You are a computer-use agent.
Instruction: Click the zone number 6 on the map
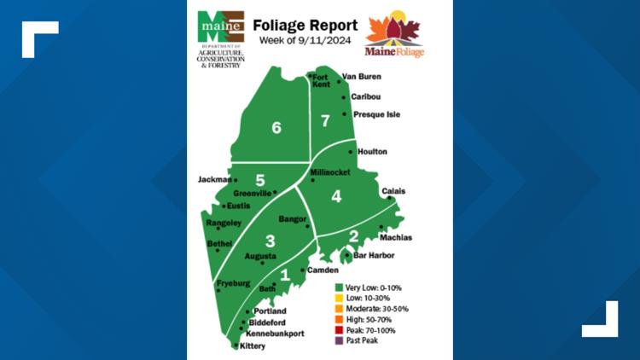pyautogui.click(x=276, y=129)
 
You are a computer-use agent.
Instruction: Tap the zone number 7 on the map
pyautogui.click(x=324, y=120)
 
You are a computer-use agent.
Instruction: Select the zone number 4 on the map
pyautogui.click(x=336, y=197)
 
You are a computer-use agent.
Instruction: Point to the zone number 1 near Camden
pyautogui.click(x=285, y=275)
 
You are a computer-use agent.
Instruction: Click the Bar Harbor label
pyautogui.click(x=370, y=255)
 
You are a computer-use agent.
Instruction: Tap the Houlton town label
pyautogui.click(x=370, y=152)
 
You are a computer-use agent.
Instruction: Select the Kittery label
pyautogui.click(x=253, y=346)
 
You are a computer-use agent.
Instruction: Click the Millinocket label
pyautogui.click(x=330, y=171)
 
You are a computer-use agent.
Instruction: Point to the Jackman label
pyautogui.click(x=213, y=180)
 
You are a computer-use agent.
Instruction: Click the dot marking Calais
pyautogui.click(x=389, y=198)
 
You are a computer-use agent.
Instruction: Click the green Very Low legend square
pyautogui.click(x=339, y=287)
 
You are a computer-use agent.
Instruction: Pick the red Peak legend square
pyautogui.click(x=339, y=329)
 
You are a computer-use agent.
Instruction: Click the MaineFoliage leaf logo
pyautogui.click(x=394, y=34)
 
